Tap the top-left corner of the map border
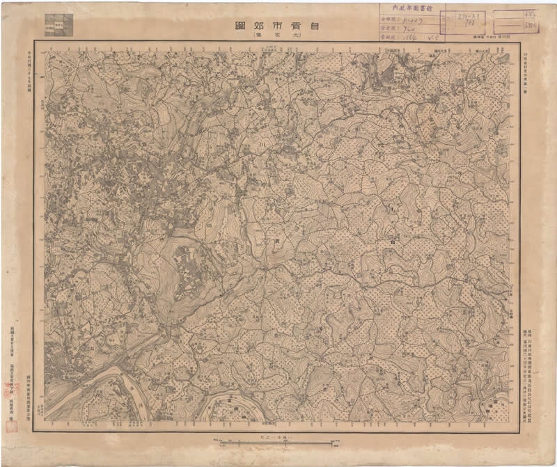(x=36, y=41)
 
